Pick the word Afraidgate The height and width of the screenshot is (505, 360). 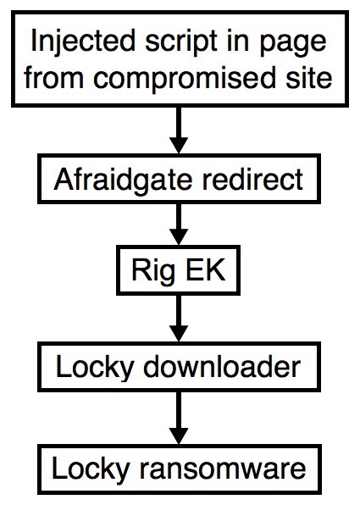coord(123,180)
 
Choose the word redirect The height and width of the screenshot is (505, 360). coord(252,179)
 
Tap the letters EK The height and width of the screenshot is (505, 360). coord(205,270)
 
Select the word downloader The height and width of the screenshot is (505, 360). coord(222,367)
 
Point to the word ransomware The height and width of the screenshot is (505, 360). coord(223,469)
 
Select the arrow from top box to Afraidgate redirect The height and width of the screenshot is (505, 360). coord(179,130)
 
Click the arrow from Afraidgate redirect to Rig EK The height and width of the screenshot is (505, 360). coord(179,225)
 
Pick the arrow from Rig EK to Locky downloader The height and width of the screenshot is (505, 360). coord(179,319)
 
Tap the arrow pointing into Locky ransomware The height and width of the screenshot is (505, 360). coord(179,418)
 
